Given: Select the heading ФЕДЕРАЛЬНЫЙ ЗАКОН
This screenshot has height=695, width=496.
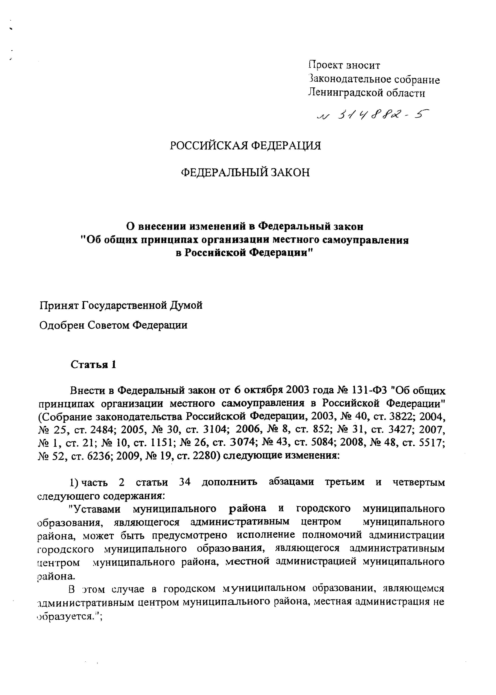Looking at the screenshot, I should tap(245, 172).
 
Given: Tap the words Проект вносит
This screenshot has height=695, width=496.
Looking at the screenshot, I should tap(344, 65).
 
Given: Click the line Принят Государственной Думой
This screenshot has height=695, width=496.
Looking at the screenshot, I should tap(121, 305).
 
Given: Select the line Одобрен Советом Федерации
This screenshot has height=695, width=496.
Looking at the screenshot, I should tap(113, 325).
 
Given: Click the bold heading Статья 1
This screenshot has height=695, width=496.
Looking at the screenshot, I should tap(93, 365).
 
